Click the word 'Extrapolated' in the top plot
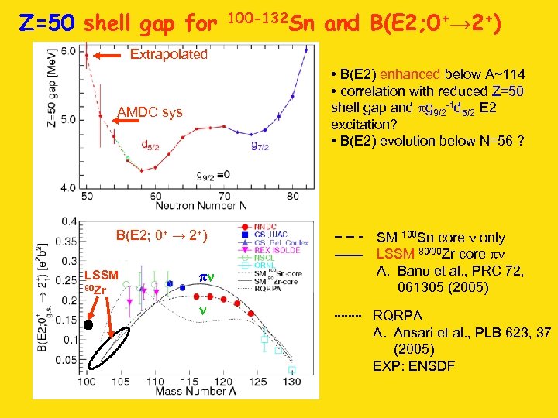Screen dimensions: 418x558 coord(168,55)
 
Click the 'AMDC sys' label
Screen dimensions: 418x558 coord(150,113)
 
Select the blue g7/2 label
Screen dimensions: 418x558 coord(260,145)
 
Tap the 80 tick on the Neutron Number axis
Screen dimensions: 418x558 coord(292,196)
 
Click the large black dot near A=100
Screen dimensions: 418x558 coord(88,326)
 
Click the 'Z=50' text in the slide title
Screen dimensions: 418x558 coord(46,24)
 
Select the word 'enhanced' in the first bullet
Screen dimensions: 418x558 coord(413,74)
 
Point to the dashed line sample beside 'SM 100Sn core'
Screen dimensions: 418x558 coord(349,238)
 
